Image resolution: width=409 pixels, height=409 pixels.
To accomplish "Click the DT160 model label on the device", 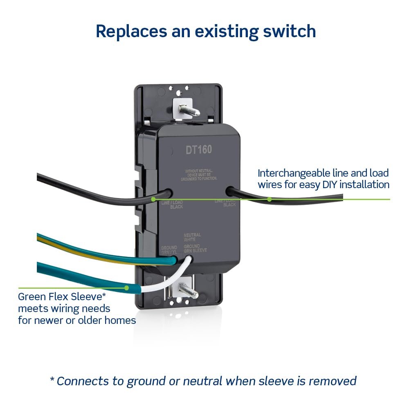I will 199,150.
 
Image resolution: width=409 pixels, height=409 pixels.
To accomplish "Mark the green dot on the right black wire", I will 270,199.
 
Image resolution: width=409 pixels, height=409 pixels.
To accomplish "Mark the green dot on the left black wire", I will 153,199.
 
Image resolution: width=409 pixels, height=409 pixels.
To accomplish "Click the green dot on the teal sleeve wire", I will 126,288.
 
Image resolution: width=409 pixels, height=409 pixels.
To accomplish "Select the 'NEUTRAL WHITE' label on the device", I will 192,237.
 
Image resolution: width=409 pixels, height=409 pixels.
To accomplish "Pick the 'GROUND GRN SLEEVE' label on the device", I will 195,248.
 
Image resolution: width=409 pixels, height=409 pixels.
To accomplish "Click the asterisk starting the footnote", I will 52,380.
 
